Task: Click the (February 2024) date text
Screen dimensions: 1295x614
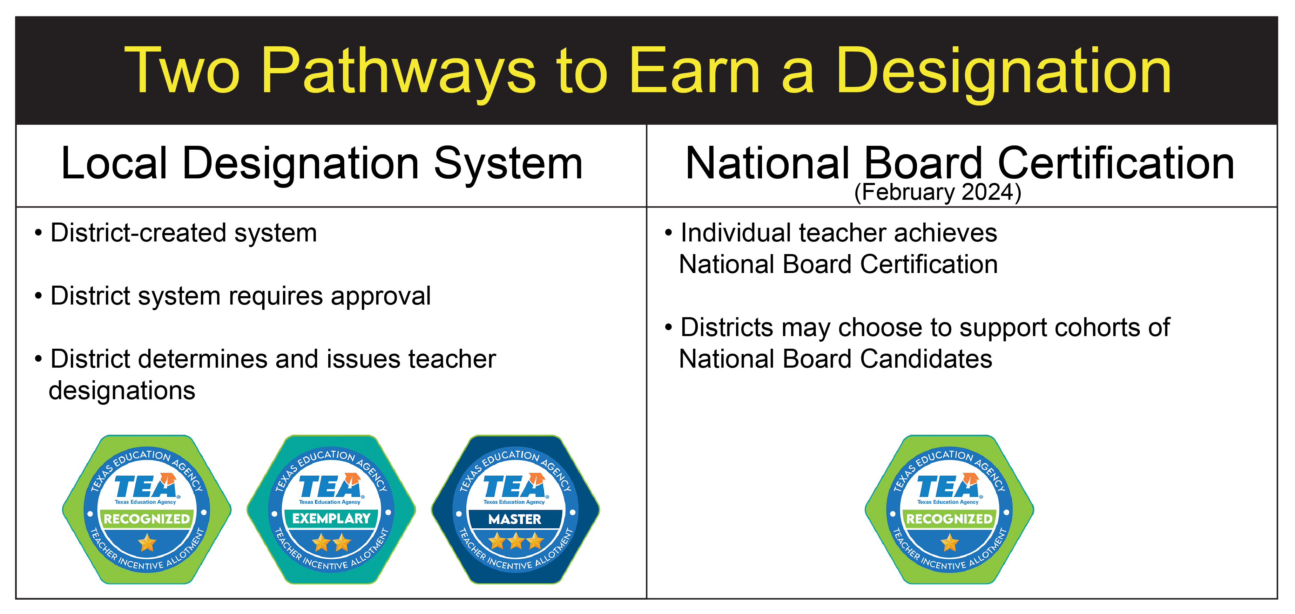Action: coord(938,192)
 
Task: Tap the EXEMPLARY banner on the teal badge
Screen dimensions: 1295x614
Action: coord(331,518)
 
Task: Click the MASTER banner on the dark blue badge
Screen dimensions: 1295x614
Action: coord(515,519)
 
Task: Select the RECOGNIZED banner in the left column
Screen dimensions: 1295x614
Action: coord(147,519)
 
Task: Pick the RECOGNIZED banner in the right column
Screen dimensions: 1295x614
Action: coord(949,519)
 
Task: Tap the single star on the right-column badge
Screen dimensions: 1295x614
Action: coord(950,543)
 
